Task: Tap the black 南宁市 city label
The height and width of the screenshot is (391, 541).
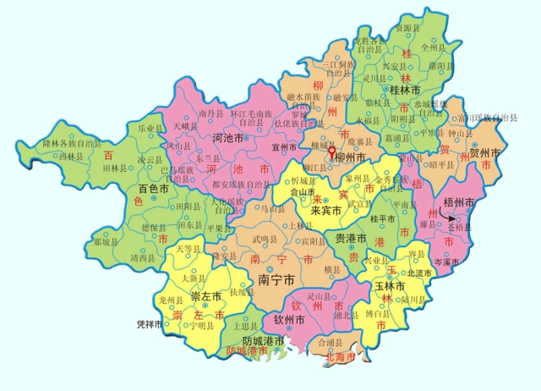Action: point(276,278)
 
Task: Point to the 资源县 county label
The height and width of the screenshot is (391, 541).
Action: point(410,29)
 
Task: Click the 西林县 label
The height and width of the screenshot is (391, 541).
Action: point(48,157)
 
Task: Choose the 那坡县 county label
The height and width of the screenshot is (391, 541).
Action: point(109,241)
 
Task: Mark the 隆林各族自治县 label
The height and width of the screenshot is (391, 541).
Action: point(71,143)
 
